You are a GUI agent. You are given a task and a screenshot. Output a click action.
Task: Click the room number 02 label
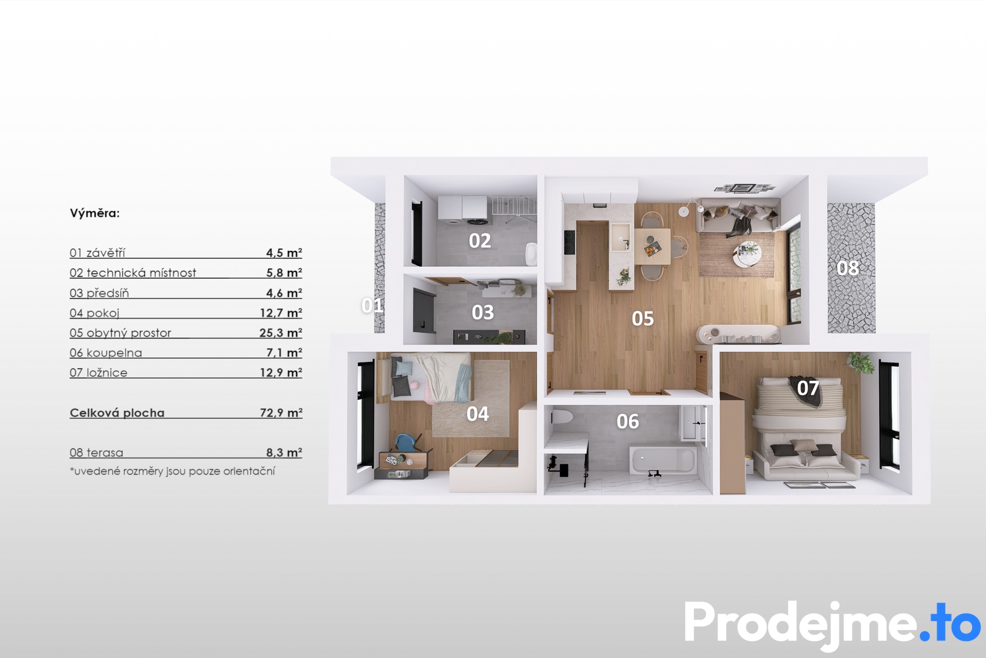480,241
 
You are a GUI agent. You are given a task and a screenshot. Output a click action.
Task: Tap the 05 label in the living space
642,319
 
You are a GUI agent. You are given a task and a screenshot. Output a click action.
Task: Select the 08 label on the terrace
847,268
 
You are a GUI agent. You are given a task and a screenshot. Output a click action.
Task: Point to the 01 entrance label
372,305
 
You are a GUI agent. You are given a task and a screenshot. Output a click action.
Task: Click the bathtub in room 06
662,460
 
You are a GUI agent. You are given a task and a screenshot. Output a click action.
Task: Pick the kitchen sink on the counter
620,237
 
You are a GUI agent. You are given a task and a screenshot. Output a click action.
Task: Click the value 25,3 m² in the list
280,333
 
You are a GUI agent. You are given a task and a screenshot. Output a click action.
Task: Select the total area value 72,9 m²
281,412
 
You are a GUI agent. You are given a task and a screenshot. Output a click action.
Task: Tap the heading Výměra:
94,213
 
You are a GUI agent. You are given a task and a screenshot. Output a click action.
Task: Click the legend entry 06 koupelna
106,353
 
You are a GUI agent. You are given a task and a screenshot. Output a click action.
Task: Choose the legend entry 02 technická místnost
133,273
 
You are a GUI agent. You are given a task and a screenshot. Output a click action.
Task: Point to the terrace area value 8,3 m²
284,452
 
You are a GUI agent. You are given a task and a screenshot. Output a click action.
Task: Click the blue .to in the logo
950,622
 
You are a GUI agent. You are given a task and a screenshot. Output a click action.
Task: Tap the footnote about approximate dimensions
173,471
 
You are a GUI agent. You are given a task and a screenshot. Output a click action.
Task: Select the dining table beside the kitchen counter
652,246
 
